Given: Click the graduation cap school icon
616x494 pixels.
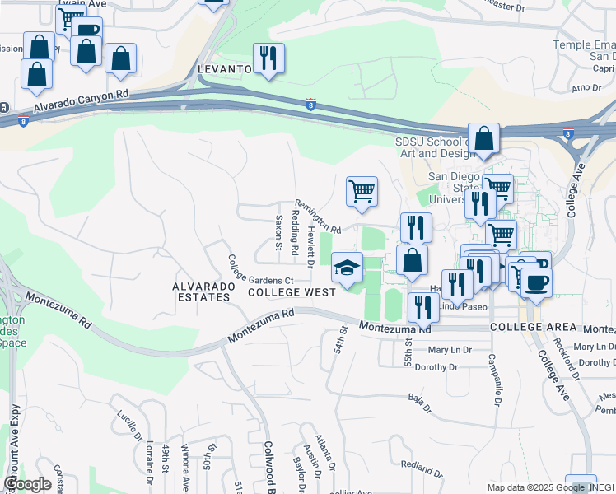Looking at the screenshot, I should coord(348,267).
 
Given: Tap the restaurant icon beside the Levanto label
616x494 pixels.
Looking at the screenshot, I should coord(268,58).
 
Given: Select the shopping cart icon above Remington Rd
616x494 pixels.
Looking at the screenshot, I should coord(362,191).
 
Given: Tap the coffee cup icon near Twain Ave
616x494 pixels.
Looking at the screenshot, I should coord(86,30).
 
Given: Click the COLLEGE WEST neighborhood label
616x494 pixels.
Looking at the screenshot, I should coord(292,292).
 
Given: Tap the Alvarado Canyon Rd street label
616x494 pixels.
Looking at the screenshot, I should coord(82,103).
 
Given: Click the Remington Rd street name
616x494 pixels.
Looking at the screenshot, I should coord(318,217).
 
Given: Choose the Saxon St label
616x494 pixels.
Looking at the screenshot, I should coord(279,233).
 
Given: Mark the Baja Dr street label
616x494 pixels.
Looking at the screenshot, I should coord(419,403).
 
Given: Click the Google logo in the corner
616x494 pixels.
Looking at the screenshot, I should coord(28,484).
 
